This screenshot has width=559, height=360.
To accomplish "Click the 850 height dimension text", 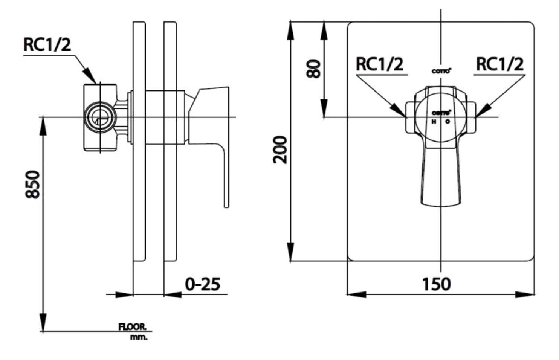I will pos(33,184).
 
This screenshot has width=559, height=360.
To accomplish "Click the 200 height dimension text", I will pos(280,150).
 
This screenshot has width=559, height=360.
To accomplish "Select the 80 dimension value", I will pos(314,69).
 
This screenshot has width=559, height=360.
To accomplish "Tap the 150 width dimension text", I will pos(436,284).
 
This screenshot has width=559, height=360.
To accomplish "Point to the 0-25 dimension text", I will pos(202,284).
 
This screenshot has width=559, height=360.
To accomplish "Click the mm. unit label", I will pos(139,337).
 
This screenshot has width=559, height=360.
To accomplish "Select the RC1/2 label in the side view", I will pos(47,45).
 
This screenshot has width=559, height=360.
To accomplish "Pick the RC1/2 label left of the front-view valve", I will pos(379,64).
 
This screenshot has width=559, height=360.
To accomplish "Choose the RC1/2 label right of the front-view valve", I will pos(499,64).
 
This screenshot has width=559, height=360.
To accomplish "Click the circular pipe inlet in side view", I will pos(99,117).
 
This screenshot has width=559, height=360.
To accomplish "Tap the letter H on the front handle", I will pos(434,122).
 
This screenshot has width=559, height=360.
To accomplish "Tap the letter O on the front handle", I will pos(448,122).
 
